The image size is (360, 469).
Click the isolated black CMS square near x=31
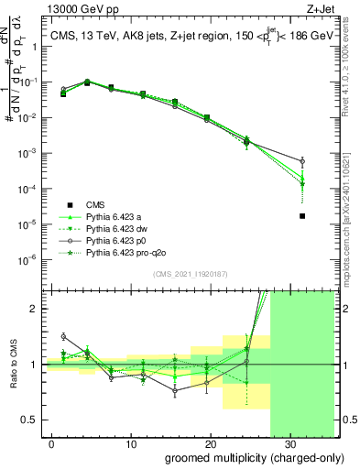coord(302,216)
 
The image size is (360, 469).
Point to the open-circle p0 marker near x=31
coord(302,161)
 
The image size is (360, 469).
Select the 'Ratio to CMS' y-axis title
coord(15,365)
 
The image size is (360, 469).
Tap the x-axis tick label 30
coord(289,442)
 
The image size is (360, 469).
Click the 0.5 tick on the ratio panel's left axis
coord(34,420)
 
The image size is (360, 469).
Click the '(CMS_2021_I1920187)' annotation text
coord(190,273)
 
